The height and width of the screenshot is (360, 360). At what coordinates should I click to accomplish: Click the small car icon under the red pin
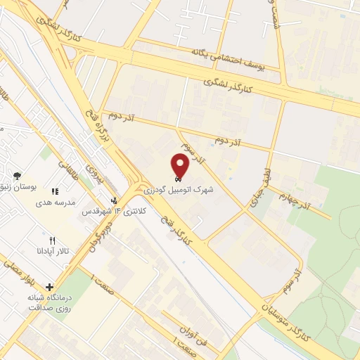(176, 179)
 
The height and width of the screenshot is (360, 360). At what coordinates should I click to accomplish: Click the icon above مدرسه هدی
(55, 191)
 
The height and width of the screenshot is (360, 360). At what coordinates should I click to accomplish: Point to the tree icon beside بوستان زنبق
(17, 176)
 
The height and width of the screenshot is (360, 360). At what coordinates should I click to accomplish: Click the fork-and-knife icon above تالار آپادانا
(52, 240)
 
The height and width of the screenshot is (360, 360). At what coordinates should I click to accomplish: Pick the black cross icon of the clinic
(49, 287)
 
